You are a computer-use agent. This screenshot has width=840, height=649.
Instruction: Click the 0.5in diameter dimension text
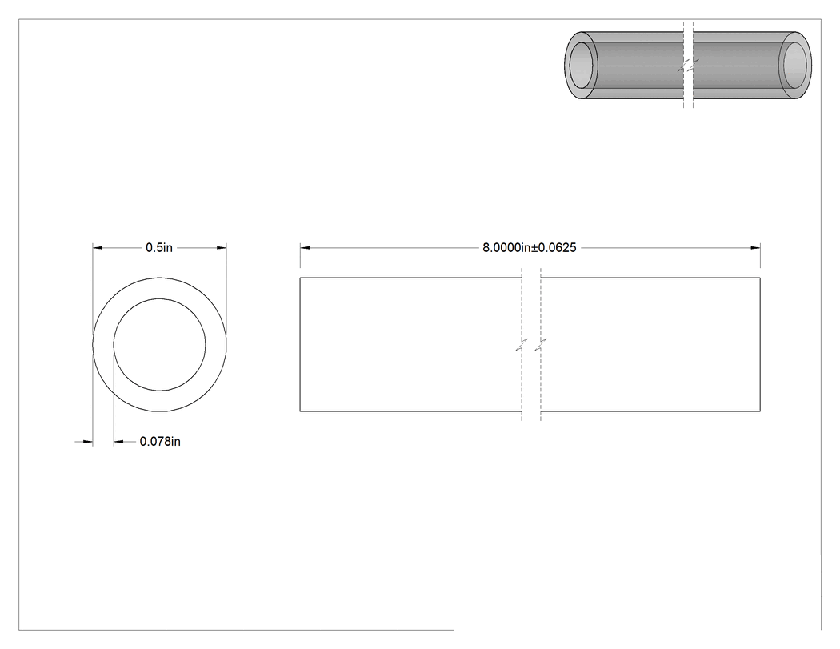click(159, 247)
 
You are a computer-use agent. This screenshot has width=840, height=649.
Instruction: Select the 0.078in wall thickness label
click(160, 442)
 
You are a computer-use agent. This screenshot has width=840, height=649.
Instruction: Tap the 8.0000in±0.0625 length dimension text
click(530, 247)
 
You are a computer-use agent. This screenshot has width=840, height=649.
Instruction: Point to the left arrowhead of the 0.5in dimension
click(98, 247)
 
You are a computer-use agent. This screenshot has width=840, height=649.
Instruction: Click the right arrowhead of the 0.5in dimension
click(222, 247)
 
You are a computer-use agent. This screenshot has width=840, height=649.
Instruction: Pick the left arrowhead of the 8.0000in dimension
click(305, 247)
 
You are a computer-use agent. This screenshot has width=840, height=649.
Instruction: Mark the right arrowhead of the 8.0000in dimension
click(755, 247)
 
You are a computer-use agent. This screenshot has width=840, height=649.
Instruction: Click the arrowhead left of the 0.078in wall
click(88, 442)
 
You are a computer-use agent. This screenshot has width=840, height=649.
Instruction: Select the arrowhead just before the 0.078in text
click(119, 442)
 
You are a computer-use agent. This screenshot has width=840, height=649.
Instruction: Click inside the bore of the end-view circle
click(160, 345)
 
